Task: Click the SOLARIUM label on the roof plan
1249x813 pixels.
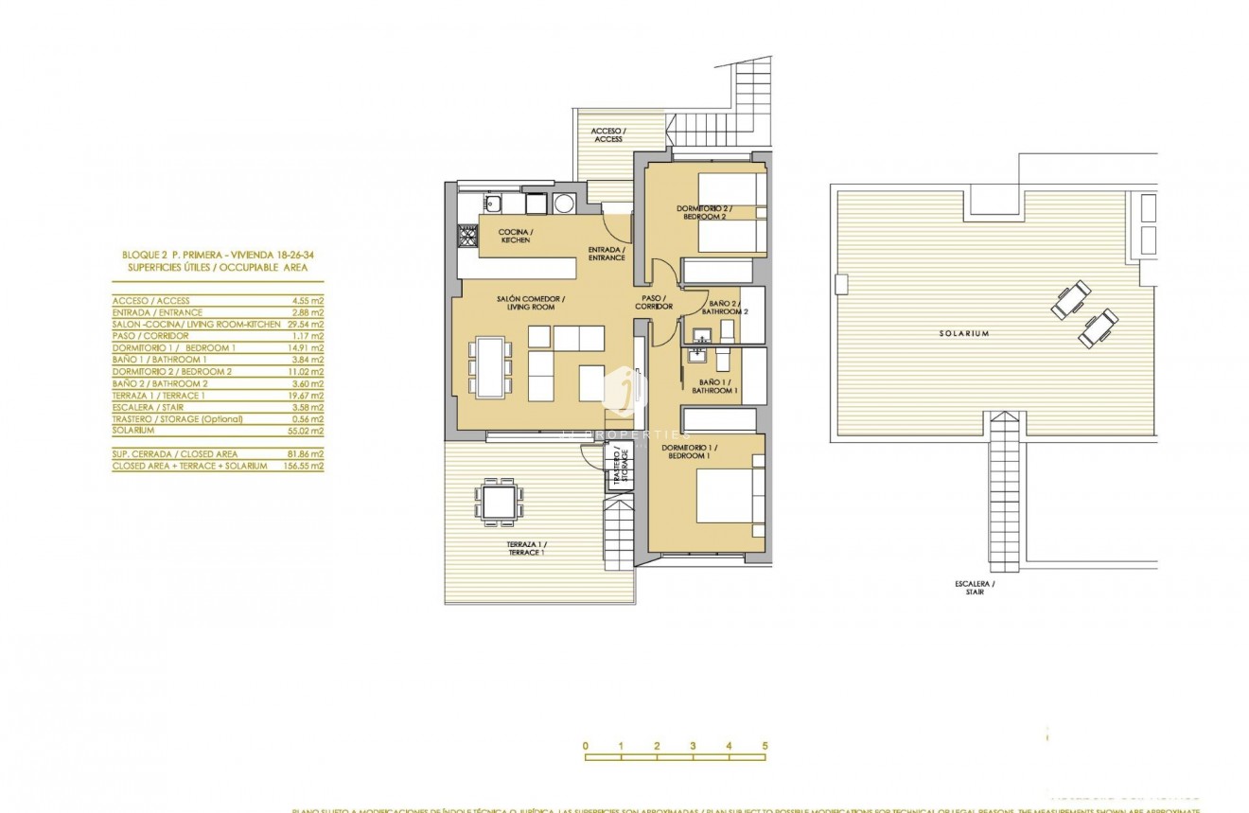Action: (964, 333)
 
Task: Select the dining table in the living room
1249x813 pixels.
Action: (489, 366)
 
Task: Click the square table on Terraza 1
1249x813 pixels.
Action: (499, 499)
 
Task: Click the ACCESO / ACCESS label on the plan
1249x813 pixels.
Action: (607, 135)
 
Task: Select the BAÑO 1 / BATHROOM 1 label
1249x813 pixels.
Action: (714, 386)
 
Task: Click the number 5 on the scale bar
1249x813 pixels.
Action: (765, 747)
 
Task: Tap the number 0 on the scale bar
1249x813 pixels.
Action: (586, 747)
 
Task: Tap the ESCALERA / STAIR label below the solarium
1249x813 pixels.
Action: (975, 588)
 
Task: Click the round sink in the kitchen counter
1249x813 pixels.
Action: (565, 203)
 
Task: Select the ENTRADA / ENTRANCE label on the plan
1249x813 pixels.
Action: (607, 254)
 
